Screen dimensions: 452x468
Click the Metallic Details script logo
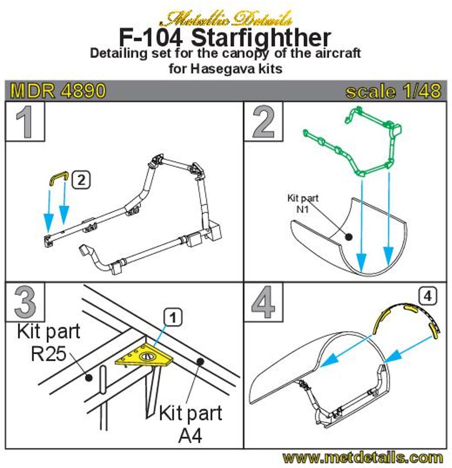point(226,19)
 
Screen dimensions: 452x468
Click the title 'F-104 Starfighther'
point(225,38)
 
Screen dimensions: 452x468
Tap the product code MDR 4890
point(58,90)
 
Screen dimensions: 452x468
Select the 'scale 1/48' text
point(393,91)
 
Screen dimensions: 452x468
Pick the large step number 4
point(263,302)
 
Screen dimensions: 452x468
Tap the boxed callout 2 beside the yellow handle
point(81,180)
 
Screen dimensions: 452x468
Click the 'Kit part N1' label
point(303,203)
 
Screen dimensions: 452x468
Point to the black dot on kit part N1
point(348,237)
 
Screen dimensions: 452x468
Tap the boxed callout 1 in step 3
point(173,318)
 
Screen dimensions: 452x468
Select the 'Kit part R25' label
point(48,343)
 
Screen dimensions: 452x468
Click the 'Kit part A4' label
point(190,424)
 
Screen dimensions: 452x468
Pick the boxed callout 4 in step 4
point(427,296)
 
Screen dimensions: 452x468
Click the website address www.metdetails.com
point(363,457)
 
